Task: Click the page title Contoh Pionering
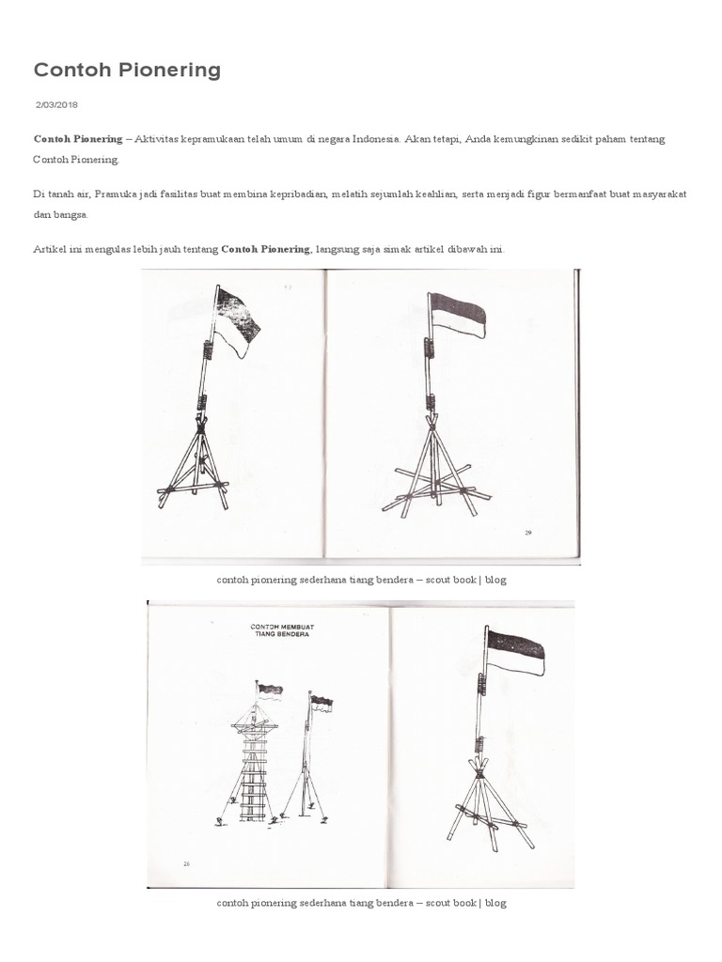click(127, 70)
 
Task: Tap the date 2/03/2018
click(57, 105)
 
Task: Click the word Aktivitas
click(161, 139)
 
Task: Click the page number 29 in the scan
click(527, 532)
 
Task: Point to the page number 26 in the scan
click(188, 860)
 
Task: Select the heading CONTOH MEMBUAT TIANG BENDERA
click(280, 630)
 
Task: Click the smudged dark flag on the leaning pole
click(235, 318)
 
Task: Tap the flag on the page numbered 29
click(457, 314)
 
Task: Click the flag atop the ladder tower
click(270, 690)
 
